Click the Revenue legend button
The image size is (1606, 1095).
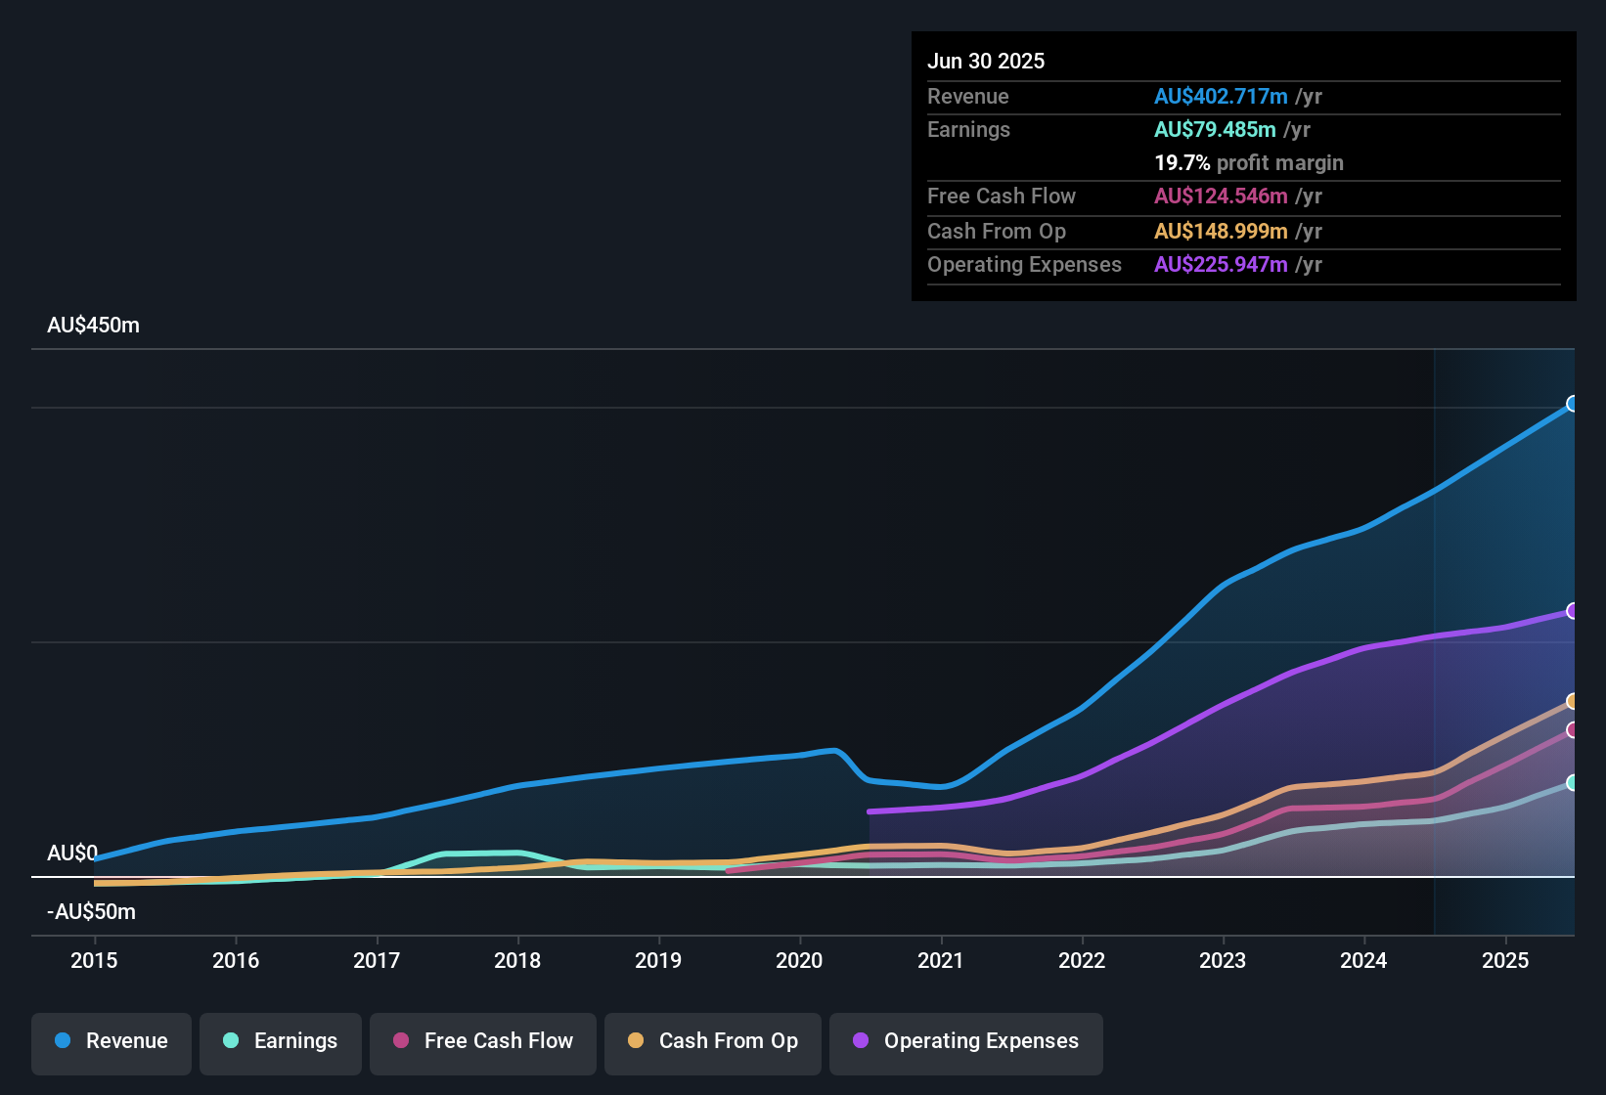point(112,1041)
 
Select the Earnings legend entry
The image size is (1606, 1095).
point(281,1041)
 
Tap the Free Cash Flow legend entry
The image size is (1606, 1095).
point(483,1041)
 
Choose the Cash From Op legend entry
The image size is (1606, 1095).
point(713,1041)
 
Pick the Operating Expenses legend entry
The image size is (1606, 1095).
point(966,1041)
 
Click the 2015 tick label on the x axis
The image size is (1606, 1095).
point(94,960)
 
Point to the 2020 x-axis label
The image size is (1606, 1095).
point(799,960)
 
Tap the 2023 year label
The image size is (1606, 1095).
point(1223,960)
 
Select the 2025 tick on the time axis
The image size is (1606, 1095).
point(1505,960)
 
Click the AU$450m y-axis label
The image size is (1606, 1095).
point(93,326)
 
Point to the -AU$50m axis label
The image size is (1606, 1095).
point(91,912)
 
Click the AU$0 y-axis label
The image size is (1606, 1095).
point(72,854)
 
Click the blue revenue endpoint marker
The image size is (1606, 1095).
point(1572,404)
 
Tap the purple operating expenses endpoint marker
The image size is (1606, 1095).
point(1572,611)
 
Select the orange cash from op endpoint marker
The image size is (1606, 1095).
point(1572,701)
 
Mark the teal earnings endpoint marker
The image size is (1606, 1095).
point(1572,782)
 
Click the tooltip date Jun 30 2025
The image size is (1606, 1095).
point(986,62)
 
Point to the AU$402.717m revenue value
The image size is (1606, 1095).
point(1220,97)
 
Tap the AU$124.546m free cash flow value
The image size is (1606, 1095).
point(1220,197)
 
